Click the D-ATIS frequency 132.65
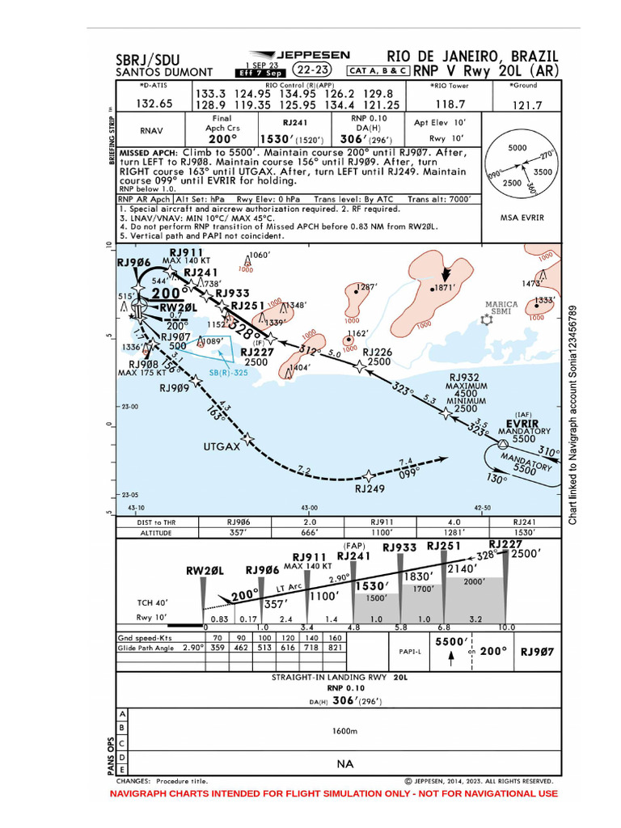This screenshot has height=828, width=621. [154, 103]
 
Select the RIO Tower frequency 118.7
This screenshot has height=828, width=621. [450, 104]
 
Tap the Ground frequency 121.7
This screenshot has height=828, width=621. [527, 104]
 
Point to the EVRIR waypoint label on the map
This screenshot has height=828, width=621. [522, 423]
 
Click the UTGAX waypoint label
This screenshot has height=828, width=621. [222, 446]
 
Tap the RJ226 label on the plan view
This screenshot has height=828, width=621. [377, 352]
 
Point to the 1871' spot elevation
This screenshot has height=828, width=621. [446, 288]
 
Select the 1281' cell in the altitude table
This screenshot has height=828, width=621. [454, 534]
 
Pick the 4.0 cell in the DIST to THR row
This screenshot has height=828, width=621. [454, 522]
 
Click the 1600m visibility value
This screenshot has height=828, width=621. [344, 731]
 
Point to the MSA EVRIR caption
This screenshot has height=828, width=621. [522, 218]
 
